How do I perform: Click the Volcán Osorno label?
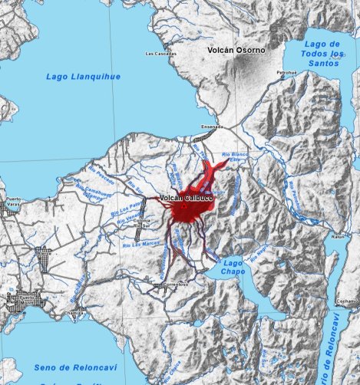236,50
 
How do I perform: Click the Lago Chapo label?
233,267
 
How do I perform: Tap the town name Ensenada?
211,127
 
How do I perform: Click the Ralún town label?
339,237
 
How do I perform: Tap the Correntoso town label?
176,284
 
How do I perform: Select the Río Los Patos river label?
130,207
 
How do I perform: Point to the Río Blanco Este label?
235,158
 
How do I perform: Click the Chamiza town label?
75,313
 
